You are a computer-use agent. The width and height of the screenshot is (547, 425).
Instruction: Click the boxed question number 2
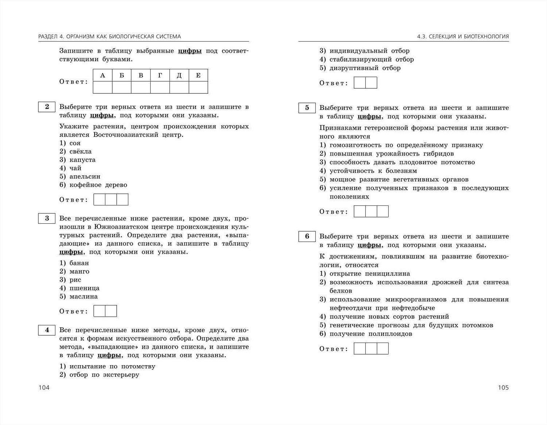tap(47, 107)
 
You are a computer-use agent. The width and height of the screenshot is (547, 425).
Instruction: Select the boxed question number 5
tap(307, 108)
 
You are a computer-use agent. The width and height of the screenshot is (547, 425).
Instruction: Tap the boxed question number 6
tap(307, 236)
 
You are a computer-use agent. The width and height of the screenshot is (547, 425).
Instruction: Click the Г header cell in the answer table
tap(160, 76)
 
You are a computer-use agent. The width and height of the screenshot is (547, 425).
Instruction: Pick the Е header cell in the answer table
tap(198, 76)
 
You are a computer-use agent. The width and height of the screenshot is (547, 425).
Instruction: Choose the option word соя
tap(75, 143)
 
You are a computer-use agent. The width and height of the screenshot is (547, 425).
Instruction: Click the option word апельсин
tap(85, 177)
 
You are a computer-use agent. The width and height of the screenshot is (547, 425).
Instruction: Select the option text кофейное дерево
tap(98, 185)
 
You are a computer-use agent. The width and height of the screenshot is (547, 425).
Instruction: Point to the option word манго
tap(79, 271)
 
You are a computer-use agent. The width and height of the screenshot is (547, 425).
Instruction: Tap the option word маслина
tap(84, 297)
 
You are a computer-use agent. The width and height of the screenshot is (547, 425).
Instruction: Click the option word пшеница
tap(84, 288)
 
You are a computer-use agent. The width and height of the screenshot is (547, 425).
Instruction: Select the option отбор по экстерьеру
tap(104, 375)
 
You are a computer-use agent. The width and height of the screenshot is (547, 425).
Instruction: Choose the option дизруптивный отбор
tap(365, 68)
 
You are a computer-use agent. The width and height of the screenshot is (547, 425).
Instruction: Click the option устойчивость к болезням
tap(373, 171)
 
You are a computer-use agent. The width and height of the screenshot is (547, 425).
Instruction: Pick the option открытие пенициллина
tap(369, 274)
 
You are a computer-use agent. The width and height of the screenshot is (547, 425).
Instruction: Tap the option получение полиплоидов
tap(371, 334)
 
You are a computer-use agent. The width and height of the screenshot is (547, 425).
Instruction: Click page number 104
tap(44, 387)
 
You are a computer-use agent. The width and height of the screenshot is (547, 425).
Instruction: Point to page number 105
tap(503, 387)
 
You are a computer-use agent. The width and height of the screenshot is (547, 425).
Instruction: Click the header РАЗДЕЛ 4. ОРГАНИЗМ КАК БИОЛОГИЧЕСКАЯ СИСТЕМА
tap(109, 36)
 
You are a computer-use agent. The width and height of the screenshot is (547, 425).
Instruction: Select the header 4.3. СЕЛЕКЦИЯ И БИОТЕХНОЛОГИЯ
tap(463, 36)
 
